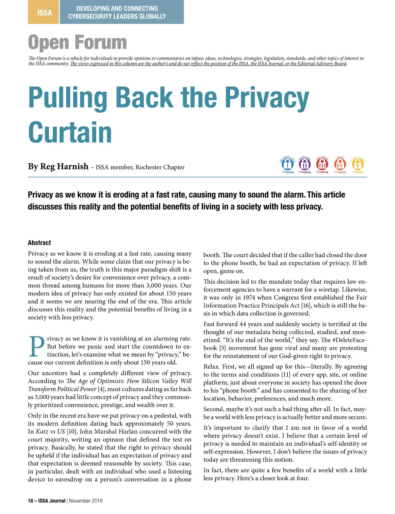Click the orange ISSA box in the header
pyautogui.click(x=44, y=12)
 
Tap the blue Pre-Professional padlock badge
pyautogui.click(x=287, y=165)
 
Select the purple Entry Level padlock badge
pyautogui.click(x=305, y=165)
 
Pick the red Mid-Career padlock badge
pyautogui.click(x=322, y=165)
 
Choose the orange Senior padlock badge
pyautogui.click(x=340, y=165)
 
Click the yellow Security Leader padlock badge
pyautogui.click(x=358, y=165)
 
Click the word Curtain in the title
pyautogui.click(x=70, y=132)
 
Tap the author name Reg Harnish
pyautogui.click(x=64, y=167)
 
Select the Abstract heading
pyautogui.click(x=39, y=243)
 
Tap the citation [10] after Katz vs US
pyautogui.click(x=72, y=432)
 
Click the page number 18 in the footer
pyautogui.click(x=31, y=501)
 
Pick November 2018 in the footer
pyautogui.click(x=86, y=501)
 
